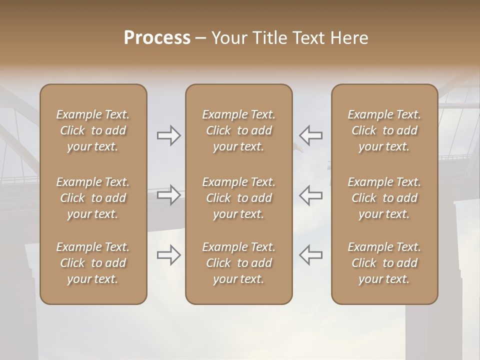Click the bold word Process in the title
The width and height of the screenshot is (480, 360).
[157, 38]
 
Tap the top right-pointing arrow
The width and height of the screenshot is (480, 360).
[169, 135]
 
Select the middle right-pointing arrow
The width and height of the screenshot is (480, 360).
[169, 194]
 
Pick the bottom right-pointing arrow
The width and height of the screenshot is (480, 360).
[169, 254]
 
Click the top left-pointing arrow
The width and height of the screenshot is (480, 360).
[310, 135]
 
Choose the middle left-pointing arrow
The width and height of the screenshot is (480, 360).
[310, 194]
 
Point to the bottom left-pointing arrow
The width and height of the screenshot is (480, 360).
[310, 254]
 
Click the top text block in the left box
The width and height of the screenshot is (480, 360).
[93, 130]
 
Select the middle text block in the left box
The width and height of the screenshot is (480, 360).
[93, 198]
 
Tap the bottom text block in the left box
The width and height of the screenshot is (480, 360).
[93, 263]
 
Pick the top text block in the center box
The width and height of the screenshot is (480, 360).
[239, 130]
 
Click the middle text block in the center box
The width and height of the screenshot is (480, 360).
[239, 198]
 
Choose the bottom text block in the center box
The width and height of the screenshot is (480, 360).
[239, 263]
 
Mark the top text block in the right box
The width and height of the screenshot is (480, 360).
[384, 130]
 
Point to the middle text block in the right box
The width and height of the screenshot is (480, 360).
[384, 198]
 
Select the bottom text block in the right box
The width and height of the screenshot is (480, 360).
[384, 263]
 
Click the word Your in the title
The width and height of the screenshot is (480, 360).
[228, 38]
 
